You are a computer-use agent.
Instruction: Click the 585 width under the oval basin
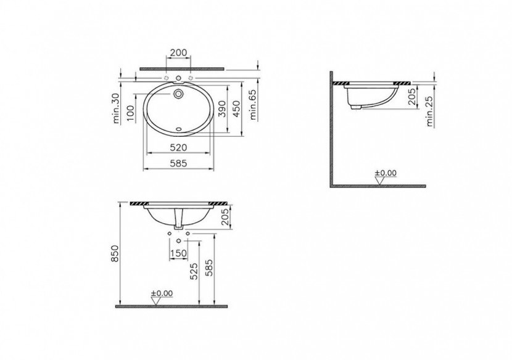(179, 163)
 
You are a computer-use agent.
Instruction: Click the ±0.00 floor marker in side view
(386, 173)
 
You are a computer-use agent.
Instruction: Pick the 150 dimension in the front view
(178, 253)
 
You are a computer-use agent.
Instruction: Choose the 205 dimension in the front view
(225, 218)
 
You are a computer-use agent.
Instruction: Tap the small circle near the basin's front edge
(180, 129)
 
